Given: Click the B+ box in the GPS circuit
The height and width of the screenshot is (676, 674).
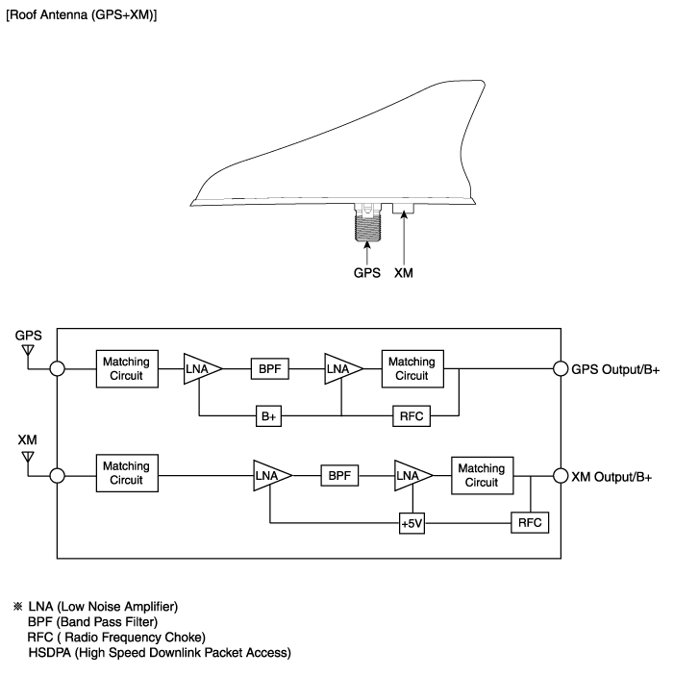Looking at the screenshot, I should [x=268, y=416].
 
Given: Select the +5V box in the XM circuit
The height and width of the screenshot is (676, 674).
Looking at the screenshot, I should [x=412, y=523].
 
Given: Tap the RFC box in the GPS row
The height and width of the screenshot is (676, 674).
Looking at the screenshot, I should [x=412, y=416].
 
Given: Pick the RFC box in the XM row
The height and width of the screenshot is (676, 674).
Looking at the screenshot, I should [x=528, y=523].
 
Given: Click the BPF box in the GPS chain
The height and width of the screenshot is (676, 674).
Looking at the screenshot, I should [x=268, y=367].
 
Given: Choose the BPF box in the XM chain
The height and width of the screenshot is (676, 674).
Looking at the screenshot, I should [x=338, y=475].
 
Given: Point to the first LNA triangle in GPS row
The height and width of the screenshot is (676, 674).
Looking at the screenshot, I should [x=201, y=367].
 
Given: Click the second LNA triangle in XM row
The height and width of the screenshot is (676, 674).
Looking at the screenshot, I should [x=411, y=475].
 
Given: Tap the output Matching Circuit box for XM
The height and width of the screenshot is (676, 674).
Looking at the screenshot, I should [x=481, y=475].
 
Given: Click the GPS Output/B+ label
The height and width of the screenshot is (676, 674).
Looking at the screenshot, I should [x=615, y=368].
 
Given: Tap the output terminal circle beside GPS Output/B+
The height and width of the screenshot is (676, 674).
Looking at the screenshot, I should [x=561, y=368].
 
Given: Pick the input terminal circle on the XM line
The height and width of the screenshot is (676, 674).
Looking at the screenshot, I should [x=58, y=475].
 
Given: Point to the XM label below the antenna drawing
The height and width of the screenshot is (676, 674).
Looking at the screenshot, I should [x=406, y=273].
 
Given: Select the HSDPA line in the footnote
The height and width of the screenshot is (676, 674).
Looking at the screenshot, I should [x=159, y=653].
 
